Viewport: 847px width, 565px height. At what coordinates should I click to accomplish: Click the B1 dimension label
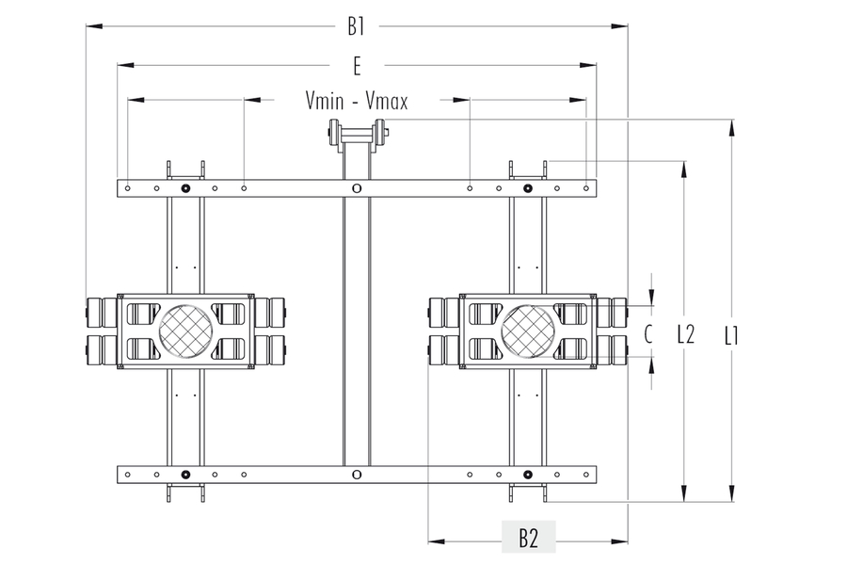(356, 26)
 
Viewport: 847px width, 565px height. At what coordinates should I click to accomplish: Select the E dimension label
(357, 65)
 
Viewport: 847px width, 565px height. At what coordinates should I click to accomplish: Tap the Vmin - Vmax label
(357, 100)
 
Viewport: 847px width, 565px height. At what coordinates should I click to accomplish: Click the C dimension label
(648, 332)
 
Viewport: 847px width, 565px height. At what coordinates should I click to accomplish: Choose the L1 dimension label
(731, 333)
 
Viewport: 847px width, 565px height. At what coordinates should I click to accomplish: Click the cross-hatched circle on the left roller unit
(185, 331)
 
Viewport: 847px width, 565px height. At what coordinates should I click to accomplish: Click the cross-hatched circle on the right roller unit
(528, 331)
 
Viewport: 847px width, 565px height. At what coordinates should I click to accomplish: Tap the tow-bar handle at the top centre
(356, 136)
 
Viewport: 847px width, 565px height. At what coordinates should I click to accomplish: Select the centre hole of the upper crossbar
(356, 188)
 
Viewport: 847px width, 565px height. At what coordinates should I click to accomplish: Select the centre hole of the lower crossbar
(356, 474)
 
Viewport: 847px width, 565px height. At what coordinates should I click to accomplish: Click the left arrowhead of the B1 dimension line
(92, 26)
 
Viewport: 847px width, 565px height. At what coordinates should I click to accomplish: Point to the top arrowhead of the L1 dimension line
(731, 126)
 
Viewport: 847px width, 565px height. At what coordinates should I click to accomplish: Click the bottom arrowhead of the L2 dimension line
(684, 494)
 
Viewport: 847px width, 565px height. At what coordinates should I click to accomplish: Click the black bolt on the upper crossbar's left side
(185, 188)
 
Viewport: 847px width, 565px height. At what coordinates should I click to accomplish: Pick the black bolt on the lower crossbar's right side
(528, 474)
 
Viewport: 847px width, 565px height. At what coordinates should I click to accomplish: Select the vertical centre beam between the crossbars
(356, 330)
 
